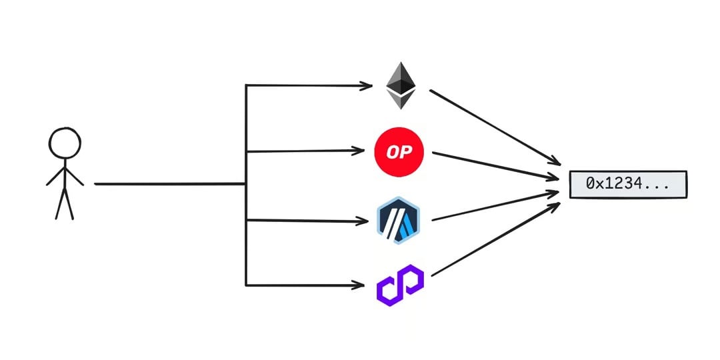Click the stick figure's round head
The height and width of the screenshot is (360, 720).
65,143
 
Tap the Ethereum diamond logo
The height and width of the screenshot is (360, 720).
401,85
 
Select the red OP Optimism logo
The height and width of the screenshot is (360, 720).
399,152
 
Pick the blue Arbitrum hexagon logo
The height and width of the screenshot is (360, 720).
398,220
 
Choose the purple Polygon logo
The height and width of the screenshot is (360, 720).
400,285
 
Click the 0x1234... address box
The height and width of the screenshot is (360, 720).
627,184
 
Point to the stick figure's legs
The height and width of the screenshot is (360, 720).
64,203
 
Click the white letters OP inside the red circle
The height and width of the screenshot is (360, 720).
399,152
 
